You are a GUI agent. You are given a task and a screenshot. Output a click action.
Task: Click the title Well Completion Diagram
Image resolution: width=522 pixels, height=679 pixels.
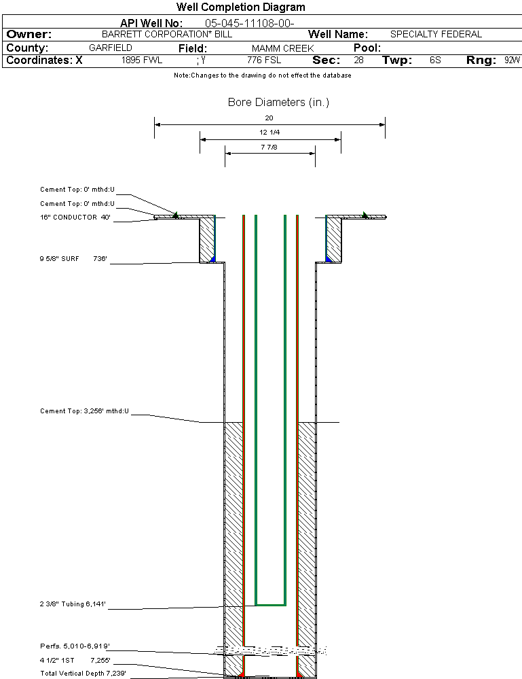pos(240,7)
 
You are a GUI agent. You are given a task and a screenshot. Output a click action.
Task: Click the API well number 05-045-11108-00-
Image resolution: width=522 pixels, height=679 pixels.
pos(249,23)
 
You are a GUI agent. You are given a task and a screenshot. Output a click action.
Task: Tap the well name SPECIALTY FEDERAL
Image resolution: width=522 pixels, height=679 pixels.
pos(436,34)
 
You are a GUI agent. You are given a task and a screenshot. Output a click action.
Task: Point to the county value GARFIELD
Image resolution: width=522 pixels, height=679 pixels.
pos(111,48)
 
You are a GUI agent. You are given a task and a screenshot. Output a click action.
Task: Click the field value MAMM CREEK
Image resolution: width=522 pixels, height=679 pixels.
pos(282,48)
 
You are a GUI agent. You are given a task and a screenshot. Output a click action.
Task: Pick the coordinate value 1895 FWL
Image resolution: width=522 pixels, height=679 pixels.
pos(142,60)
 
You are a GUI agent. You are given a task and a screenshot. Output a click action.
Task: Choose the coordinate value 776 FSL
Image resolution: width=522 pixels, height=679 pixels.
pos(263,60)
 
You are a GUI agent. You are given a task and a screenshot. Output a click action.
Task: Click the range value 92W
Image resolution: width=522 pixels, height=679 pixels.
pos(512,60)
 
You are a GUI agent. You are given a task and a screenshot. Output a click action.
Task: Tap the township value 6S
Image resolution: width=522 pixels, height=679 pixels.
pos(435,60)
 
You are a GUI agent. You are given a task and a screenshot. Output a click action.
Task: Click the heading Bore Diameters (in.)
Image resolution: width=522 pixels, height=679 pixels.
pos(278,103)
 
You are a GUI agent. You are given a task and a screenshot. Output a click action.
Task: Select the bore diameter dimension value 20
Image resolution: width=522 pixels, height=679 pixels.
pos(269,118)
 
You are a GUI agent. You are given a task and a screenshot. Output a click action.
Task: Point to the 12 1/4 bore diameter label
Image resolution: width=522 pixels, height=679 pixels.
pos(269,132)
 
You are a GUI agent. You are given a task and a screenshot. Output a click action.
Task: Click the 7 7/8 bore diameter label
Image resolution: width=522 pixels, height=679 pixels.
pos(269,147)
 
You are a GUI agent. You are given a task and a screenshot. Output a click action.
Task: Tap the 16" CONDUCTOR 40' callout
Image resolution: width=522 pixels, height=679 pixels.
pos(75,217)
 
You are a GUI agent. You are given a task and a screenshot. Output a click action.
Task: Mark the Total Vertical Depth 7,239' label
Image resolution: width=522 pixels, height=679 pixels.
pos(83,673)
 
